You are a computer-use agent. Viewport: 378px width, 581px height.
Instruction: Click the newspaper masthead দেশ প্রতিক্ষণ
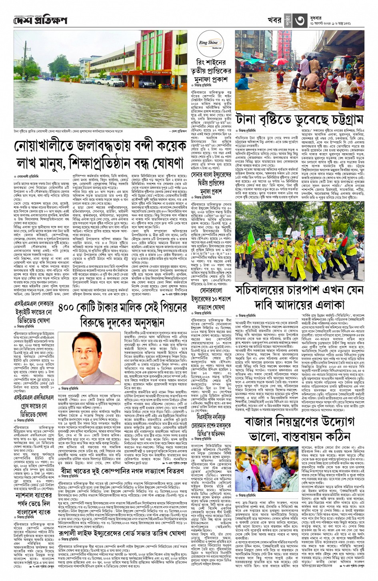coord(40,20)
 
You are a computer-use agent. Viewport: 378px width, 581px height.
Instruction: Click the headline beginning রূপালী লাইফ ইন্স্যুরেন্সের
coord(122,533)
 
